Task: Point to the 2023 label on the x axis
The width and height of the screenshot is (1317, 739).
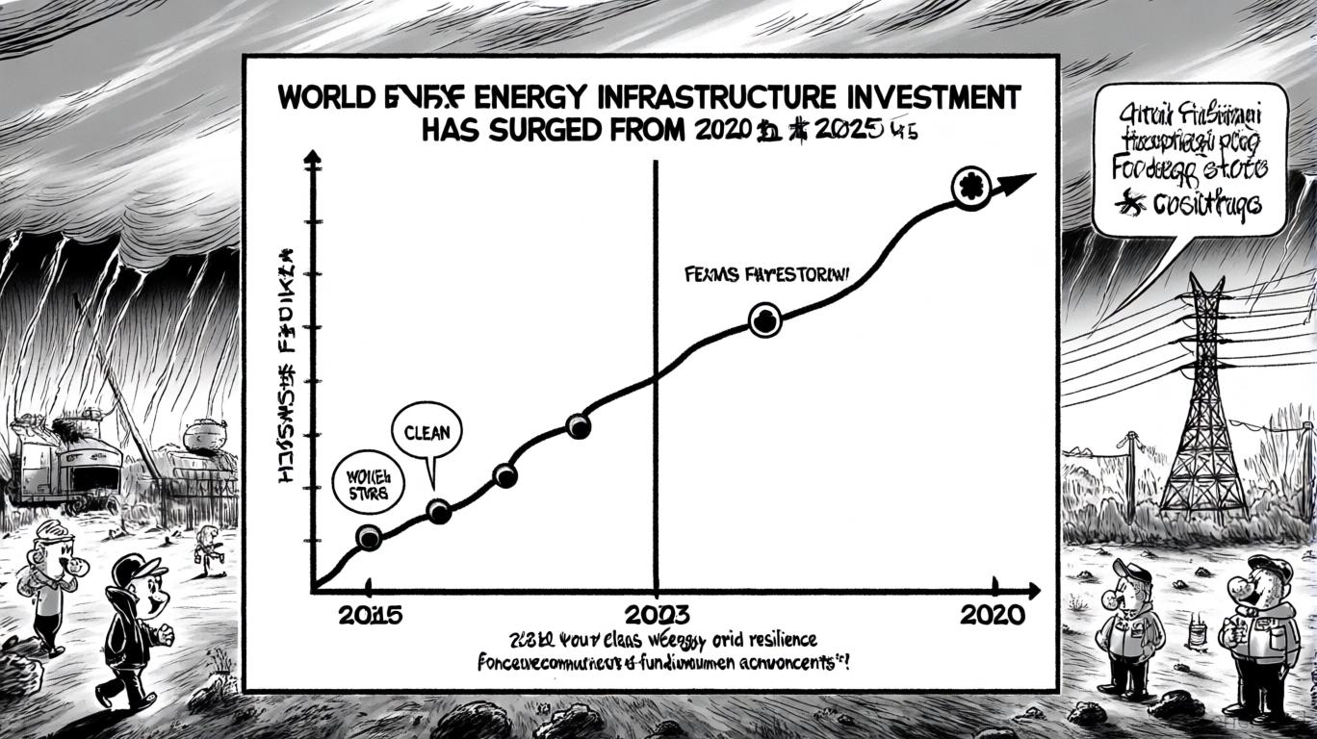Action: point(658,614)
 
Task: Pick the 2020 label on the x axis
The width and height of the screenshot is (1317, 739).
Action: point(993,614)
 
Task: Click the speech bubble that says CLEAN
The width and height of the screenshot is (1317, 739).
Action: point(426,434)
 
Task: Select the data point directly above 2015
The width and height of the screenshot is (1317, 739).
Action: point(369,538)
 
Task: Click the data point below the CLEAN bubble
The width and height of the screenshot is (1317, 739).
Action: point(438,511)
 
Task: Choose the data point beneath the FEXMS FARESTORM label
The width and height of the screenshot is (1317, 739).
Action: point(764,321)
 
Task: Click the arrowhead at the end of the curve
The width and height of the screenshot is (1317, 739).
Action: point(1020,179)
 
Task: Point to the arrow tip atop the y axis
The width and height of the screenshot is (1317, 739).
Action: point(312,157)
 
